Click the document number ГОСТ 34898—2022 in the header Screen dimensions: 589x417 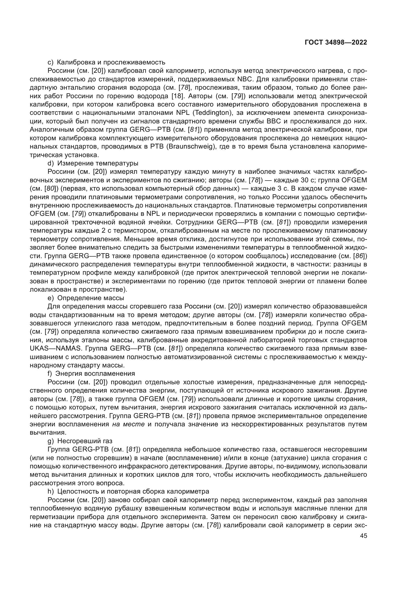point(336,43)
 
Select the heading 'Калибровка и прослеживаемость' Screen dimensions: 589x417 point(111,62)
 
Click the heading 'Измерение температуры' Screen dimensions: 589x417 point(98,163)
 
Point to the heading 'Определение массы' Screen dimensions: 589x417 point(91,298)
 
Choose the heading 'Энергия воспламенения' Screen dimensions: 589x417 point(95,373)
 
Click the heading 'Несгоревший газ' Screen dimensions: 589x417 point(85,441)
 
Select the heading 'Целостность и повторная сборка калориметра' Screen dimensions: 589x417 point(133,491)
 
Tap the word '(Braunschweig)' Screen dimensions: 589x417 point(190,147)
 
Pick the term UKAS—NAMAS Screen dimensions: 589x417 point(56,348)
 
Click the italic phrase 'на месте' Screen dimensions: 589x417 point(128,424)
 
